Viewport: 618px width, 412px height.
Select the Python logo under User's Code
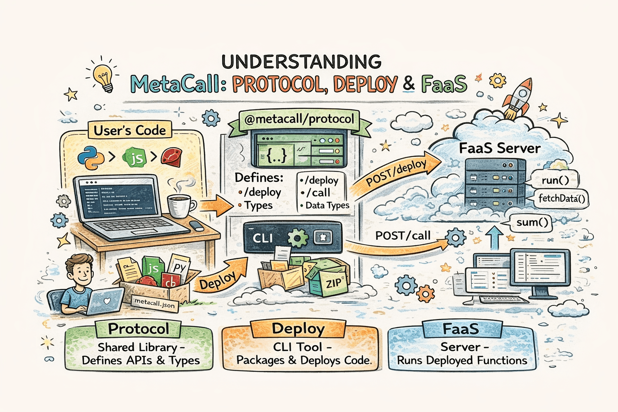coord(91,157)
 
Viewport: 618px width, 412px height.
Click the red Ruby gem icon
coord(172,157)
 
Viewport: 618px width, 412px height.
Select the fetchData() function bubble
coord(562,198)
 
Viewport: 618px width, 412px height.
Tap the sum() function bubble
coord(532,222)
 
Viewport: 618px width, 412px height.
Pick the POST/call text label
coord(403,236)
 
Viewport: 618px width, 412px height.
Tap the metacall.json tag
coord(155,303)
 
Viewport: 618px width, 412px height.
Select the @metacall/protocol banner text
coord(299,119)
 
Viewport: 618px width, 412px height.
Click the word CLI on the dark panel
coord(263,238)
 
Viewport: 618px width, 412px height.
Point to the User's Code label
coord(130,131)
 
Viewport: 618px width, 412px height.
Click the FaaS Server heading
coord(500,148)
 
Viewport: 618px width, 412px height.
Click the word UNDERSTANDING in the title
coord(301,62)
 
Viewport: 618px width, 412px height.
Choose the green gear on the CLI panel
coord(297,238)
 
